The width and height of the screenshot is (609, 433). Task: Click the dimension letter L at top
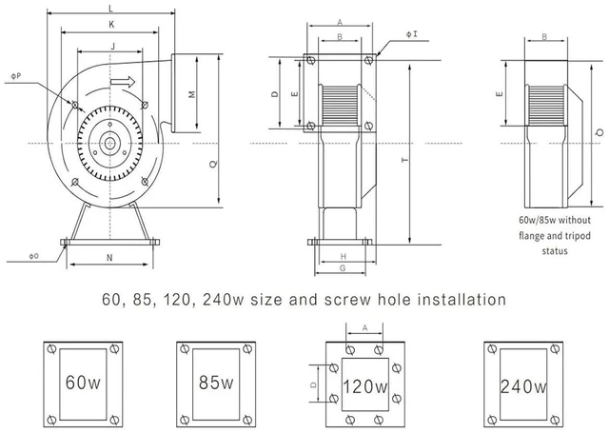pyautogui.click(x=110, y=9)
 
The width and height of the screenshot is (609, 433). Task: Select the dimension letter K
pyautogui.click(x=111, y=25)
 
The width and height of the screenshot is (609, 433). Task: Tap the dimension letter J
pyautogui.click(x=113, y=47)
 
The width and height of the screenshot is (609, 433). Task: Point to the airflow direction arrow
pyautogui.click(x=123, y=82)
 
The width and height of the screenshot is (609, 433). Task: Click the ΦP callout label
pyautogui.click(x=16, y=76)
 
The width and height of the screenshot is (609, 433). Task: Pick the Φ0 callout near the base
pyautogui.click(x=34, y=256)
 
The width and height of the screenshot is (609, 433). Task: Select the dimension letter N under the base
pyautogui.click(x=109, y=258)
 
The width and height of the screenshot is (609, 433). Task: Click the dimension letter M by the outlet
pyautogui.click(x=192, y=94)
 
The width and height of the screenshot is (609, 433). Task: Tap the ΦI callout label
pyautogui.click(x=412, y=34)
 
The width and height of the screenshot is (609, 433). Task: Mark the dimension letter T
pyautogui.click(x=405, y=160)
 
